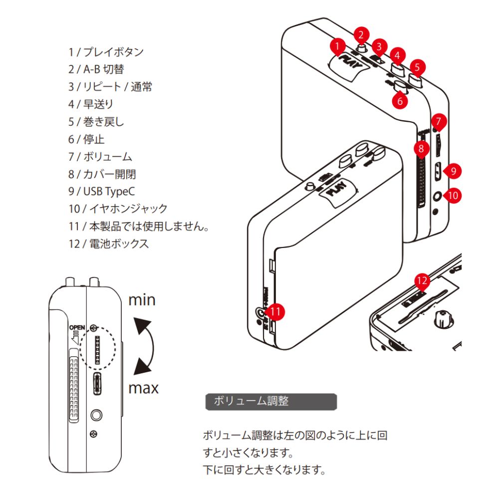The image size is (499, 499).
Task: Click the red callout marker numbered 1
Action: coord(338,46)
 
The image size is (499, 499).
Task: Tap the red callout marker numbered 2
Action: coord(362,35)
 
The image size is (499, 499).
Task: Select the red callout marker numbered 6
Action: coord(400,100)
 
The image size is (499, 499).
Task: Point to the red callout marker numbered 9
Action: coord(453,171)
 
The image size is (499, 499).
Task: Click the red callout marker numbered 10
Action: coord(453,195)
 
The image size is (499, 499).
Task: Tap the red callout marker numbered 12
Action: coord(422,281)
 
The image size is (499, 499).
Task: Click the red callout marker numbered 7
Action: coord(439,121)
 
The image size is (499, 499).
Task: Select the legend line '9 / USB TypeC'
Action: coord(102,192)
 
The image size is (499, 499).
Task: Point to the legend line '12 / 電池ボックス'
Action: coord(108,244)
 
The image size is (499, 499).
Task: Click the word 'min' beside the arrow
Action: coord(142,300)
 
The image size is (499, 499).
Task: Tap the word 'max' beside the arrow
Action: coord(144,387)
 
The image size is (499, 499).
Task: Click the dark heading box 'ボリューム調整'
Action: coord(271,401)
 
